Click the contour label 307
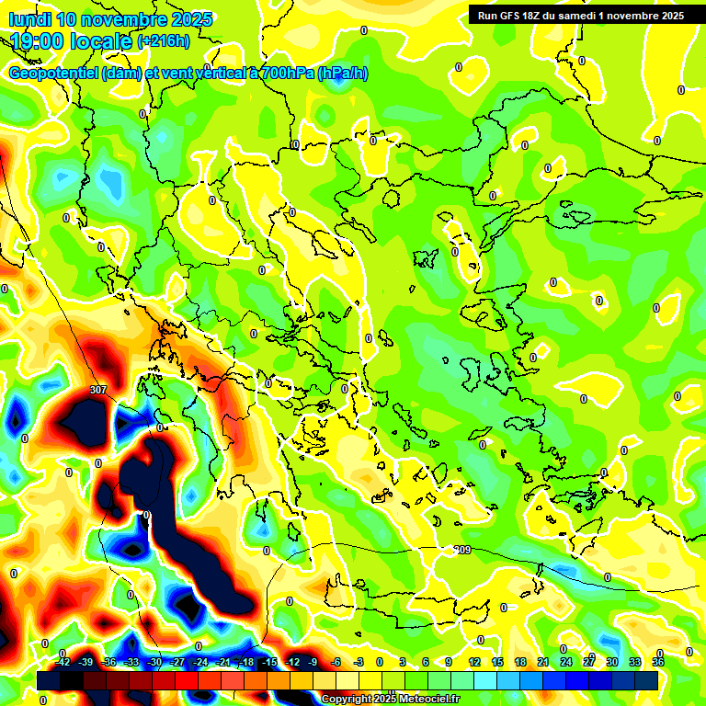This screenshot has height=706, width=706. click(x=98, y=390)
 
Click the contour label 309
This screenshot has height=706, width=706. click(x=463, y=550)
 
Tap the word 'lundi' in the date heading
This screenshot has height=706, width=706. click(x=29, y=19)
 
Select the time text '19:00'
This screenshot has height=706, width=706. click(x=39, y=40)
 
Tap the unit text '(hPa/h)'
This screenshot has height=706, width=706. click(x=342, y=74)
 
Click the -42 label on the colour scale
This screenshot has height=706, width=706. click(x=63, y=662)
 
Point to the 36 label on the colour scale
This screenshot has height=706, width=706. click(x=658, y=662)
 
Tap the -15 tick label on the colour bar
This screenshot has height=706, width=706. click(x=269, y=662)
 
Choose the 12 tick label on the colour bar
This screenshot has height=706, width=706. click(x=473, y=662)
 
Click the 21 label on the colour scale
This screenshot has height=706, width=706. click(x=543, y=662)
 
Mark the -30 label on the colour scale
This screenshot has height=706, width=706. click(x=154, y=662)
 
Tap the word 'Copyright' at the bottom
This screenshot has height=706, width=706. click(x=347, y=700)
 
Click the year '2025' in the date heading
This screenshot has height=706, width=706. click(x=189, y=19)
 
